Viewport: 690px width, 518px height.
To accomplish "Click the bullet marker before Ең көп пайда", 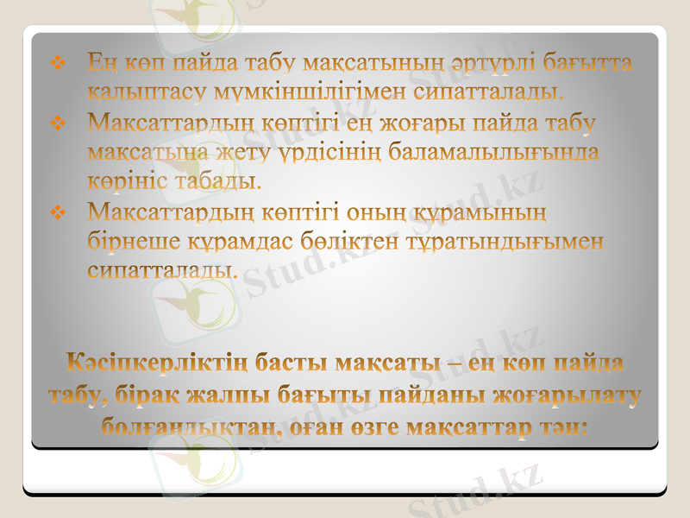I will coord(59,63).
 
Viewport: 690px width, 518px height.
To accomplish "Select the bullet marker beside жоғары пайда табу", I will coord(59,125).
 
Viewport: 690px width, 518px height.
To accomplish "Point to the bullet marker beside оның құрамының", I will coord(59,212).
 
